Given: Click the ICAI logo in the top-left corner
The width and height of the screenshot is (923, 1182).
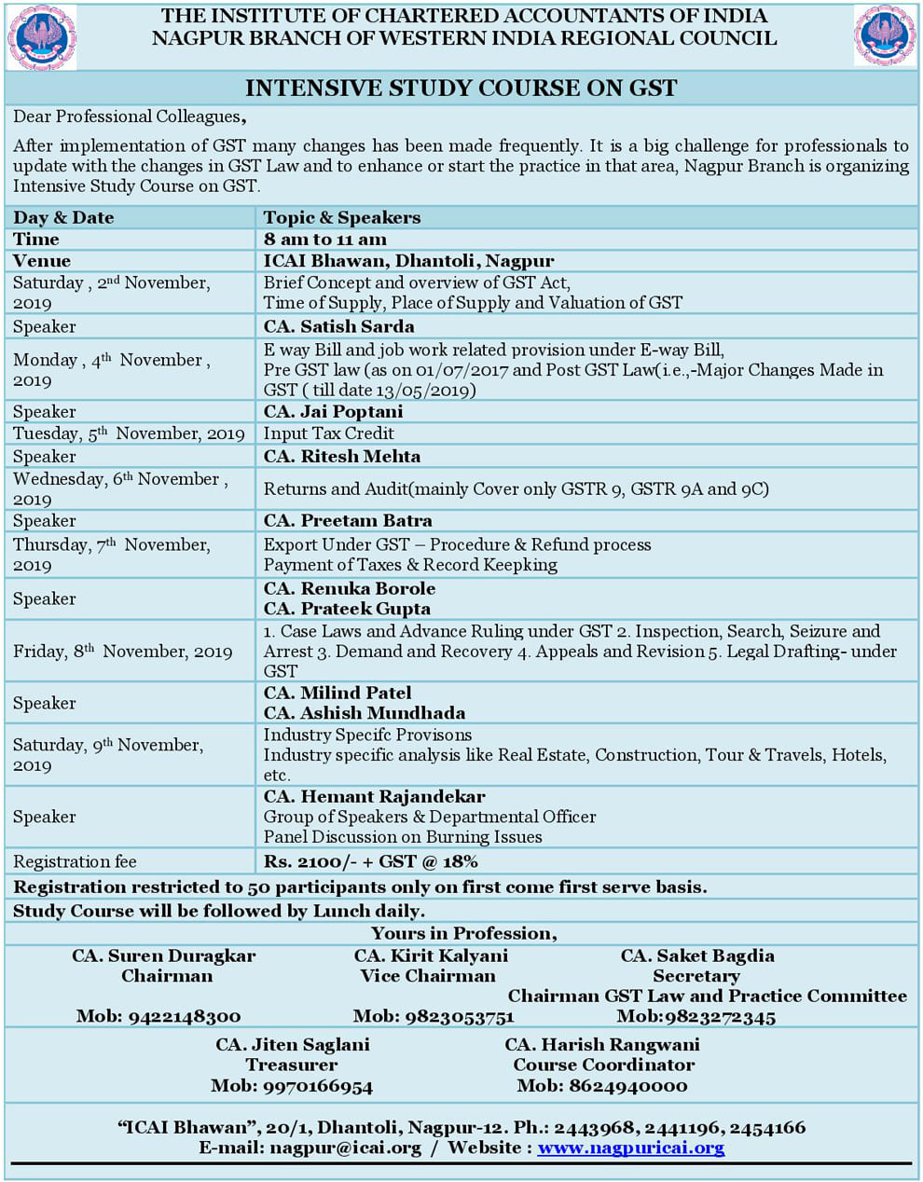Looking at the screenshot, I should pyautogui.click(x=42, y=37).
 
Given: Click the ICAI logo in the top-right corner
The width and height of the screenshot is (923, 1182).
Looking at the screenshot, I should pyautogui.click(x=884, y=36).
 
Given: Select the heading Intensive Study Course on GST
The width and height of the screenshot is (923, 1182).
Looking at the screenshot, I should pyautogui.click(x=461, y=89).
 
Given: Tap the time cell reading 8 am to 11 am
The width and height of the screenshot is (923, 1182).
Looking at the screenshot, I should pyautogui.click(x=324, y=240).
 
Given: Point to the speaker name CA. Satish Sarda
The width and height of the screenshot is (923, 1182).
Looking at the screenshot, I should pyautogui.click(x=338, y=326).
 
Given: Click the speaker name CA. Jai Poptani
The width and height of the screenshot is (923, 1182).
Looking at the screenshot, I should pyautogui.click(x=333, y=411).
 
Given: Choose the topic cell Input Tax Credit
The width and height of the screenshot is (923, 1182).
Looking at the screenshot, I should pyautogui.click(x=328, y=433).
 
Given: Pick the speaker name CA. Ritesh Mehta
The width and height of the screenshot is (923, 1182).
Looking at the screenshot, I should pyautogui.click(x=341, y=456).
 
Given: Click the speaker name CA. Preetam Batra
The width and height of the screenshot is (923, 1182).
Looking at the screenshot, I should pyautogui.click(x=348, y=520).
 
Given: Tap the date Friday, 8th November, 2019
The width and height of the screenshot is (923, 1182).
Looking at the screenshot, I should pyautogui.click(x=122, y=652).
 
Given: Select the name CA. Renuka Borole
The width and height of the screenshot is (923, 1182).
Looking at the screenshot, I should pyautogui.click(x=350, y=588).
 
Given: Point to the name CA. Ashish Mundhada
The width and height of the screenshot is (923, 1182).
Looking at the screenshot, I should pyautogui.click(x=365, y=713).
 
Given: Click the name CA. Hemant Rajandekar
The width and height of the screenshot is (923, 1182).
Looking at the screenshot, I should pyautogui.click(x=374, y=797).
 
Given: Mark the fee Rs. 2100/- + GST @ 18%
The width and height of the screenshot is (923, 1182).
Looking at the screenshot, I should pyautogui.click(x=370, y=861).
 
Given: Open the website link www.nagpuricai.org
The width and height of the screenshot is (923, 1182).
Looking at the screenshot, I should pyautogui.click(x=631, y=1148).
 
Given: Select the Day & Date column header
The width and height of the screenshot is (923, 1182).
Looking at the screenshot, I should pyautogui.click(x=63, y=218).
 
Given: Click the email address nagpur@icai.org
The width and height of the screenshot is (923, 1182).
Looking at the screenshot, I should pyautogui.click(x=345, y=1148).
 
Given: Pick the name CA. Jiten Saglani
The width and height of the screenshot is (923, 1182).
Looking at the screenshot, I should pyautogui.click(x=293, y=1045).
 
